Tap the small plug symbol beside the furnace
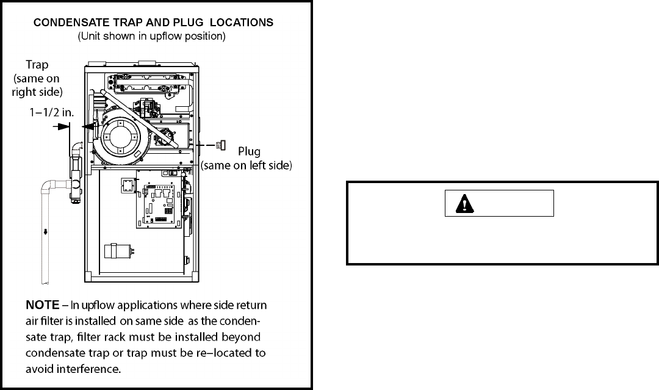click(219, 145)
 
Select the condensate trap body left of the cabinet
click(75, 171)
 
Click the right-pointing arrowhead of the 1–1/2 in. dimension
click(67, 126)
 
